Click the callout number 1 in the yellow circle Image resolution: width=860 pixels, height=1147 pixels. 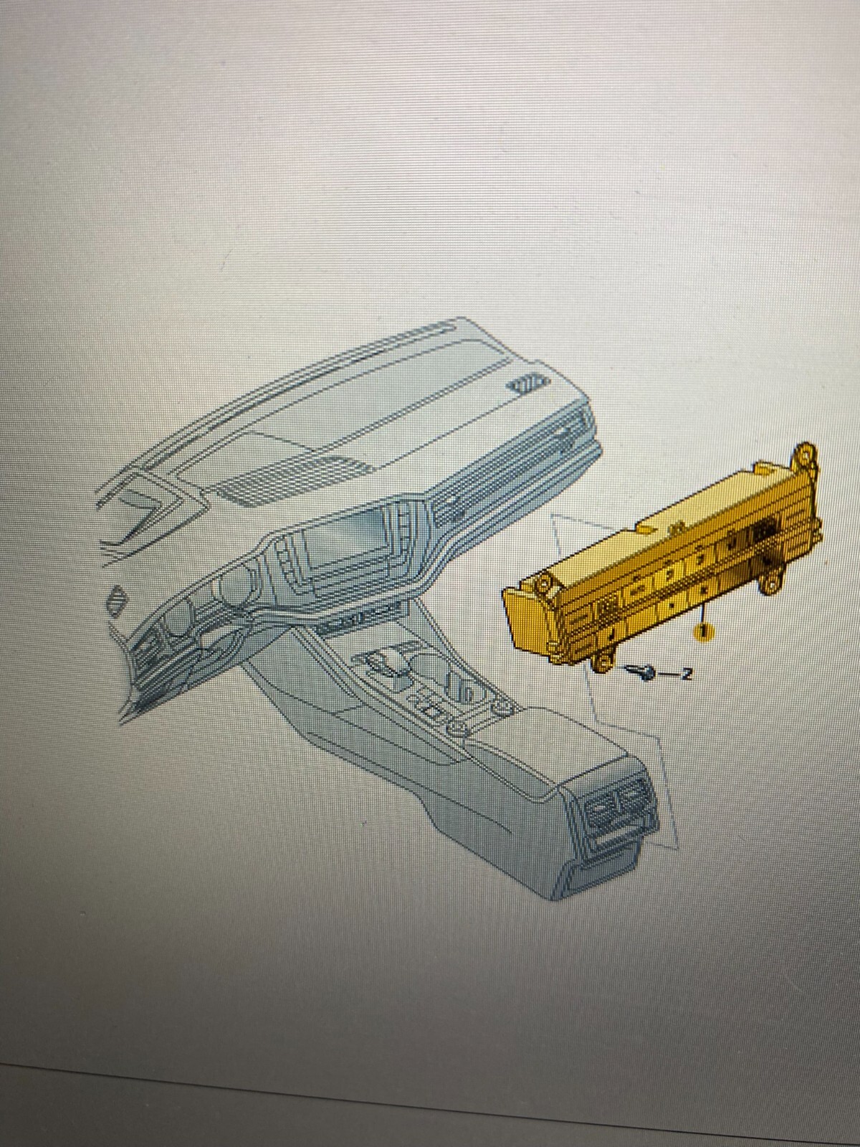click(x=703, y=632)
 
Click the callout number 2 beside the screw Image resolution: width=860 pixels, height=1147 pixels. click(x=687, y=674)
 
